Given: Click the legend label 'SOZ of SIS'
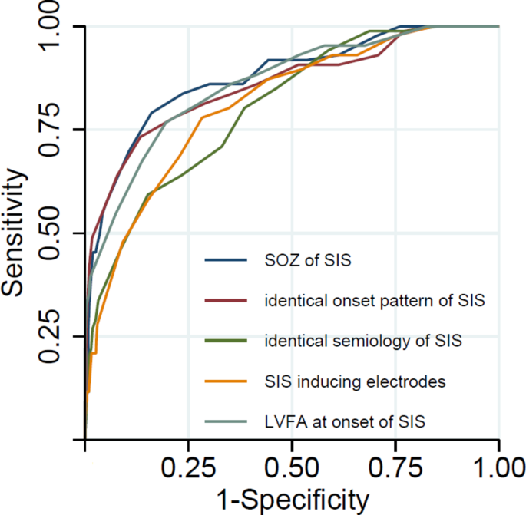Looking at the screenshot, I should click(x=307, y=261).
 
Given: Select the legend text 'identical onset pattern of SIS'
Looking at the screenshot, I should click(x=374, y=301).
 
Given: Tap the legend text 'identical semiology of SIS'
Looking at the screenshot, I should click(x=362, y=341).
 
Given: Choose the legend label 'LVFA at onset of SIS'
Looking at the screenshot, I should click(x=345, y=421).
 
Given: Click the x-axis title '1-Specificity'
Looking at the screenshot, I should click(x=292, y=500).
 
